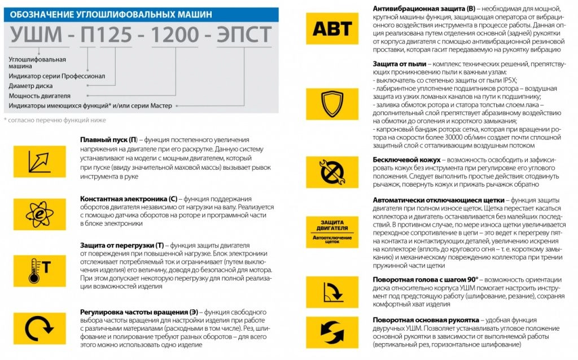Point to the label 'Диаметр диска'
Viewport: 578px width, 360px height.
point(30,86)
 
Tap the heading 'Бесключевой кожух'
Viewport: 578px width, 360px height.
point(406,160)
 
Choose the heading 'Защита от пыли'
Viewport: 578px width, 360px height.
point(400,64)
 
